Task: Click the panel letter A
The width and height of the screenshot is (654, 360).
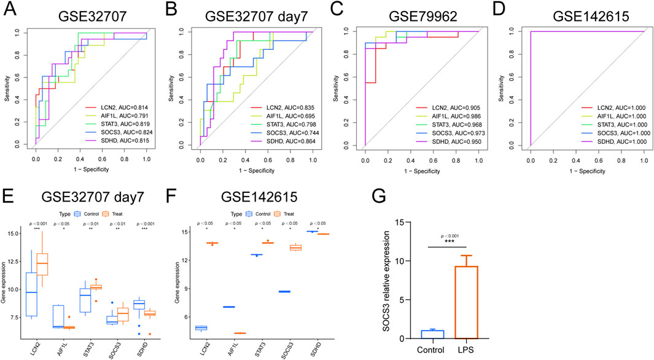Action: pyautogui.click(x=10, y=10)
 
